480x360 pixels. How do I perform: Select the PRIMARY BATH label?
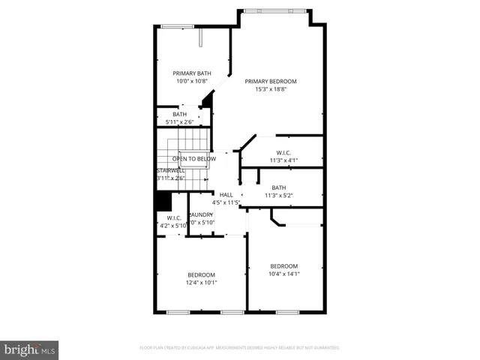point(192,73)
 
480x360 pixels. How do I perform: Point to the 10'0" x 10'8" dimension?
point(192,82)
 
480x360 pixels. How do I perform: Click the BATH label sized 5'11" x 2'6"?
point(179,114)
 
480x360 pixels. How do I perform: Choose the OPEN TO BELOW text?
point(193,159)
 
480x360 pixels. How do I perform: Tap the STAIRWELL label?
point(170,170)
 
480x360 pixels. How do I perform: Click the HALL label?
point(226,194)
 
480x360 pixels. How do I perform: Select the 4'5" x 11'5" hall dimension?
point(226,202)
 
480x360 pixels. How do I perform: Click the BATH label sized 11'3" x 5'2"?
point(278,187)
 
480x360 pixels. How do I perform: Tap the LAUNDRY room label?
point(201,214)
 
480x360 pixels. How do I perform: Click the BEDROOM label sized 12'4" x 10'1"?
point(201,274)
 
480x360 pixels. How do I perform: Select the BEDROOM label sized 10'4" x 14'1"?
point(283,266)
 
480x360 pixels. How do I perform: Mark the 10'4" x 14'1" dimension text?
point(283,274)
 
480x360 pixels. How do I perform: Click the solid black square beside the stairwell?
point(162,201)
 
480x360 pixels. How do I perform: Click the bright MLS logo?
point(30,349)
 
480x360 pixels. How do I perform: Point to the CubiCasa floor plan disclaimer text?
point(239,348)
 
